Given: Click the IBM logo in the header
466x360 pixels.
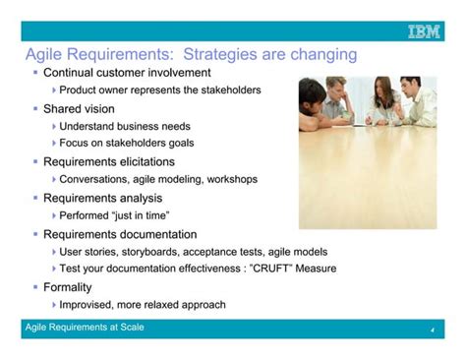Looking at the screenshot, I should (x=425, y=32).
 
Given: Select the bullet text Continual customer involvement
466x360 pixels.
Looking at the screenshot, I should (x=127, y=73).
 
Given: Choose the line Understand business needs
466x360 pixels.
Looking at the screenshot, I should (x=125, y=126).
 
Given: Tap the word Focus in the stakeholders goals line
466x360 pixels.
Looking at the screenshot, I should (x=76, y=143).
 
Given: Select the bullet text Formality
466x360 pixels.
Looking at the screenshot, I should (x=68, y=287).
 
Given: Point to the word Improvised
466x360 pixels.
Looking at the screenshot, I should (x=91, y=305).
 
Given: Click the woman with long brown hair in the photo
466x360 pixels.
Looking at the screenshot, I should (x=380, y=102).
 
